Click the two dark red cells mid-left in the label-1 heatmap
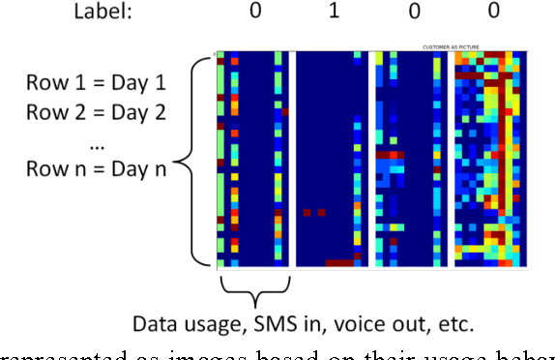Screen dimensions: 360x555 point(313,211)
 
